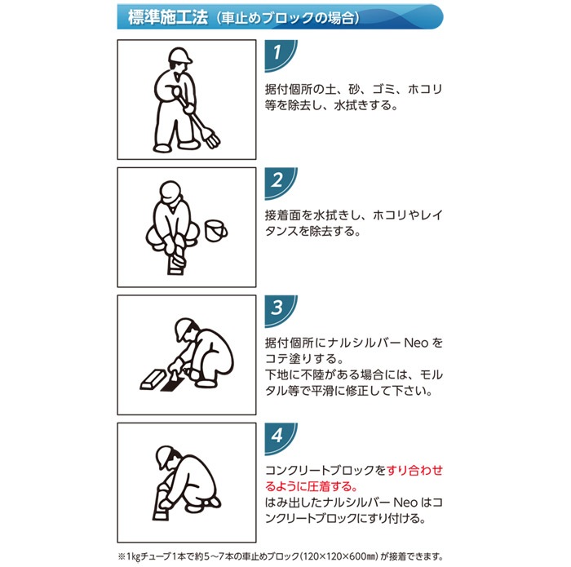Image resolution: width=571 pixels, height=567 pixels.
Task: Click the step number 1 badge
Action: tap(280, 55)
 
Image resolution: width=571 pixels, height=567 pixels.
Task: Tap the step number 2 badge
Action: tap(280, 183)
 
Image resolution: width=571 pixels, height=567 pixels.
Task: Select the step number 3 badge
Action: tap(280, 310)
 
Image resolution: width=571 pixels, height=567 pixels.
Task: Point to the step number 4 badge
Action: tap(280, 438)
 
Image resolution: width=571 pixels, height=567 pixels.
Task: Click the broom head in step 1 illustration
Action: tap(213, 139)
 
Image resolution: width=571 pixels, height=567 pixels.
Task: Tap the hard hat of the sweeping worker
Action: tap(179, 55)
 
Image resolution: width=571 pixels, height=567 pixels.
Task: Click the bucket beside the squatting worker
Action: tap(216, 231)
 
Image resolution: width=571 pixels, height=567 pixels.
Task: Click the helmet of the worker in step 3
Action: tap(184, 327)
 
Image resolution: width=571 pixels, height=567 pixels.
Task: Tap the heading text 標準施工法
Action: tap(168, 17)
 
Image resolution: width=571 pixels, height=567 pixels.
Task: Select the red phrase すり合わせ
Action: tap(414, 470)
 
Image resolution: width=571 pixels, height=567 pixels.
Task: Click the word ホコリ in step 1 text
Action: tap(425, 89)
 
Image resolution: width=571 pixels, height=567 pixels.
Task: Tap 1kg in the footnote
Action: tap(133, 557)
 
